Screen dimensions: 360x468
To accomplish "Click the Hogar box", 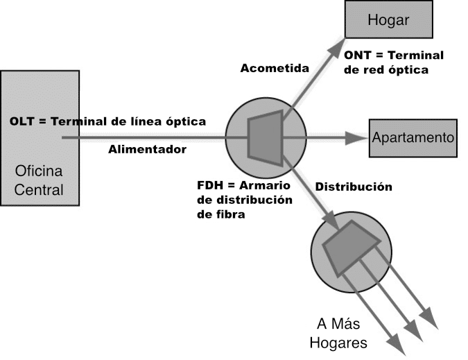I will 388,20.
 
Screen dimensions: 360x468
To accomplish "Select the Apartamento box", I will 413,137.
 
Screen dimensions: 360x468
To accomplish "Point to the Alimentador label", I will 147,148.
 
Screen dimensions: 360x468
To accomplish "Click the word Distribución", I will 354,187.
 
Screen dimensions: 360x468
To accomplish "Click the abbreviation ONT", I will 358,55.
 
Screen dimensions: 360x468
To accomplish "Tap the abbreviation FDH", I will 211,186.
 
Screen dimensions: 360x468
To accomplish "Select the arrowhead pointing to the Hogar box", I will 335,43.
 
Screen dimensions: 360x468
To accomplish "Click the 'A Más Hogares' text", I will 342,333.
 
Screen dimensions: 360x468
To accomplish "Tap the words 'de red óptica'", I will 386,69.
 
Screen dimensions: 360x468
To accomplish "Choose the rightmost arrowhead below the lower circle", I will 431,320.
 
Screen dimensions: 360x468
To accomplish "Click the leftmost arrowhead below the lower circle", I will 397,345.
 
